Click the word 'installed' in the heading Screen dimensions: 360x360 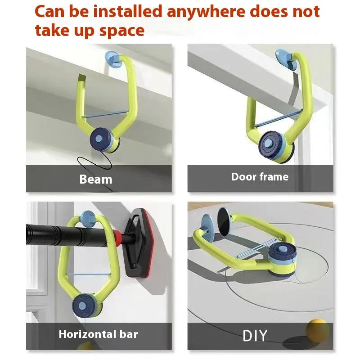pyautogui.click(x=128, y=12)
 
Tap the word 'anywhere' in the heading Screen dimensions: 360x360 pyautogui.click(x=206, y=12)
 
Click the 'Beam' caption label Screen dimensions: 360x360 pyautogui.click(x=96, y=179)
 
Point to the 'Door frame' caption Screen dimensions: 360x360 pyautogui.click(x=260, y=177)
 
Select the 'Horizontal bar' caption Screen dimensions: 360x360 pyautogui.click(x=98, y=334)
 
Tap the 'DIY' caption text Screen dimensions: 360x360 pyautogui.click(x=255, y=335)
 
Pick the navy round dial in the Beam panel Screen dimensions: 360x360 pyautogui.click(x=100, y=139)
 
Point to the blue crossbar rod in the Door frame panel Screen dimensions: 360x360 pyautogui.click(x=278, y=119)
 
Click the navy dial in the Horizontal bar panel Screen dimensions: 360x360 pyautogui.click(x=83, y=305)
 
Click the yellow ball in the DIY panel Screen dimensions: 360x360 pyautogui.click(x=318, y=330)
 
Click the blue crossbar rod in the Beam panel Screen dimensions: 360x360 pyautogui.click(x=106, y=114)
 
